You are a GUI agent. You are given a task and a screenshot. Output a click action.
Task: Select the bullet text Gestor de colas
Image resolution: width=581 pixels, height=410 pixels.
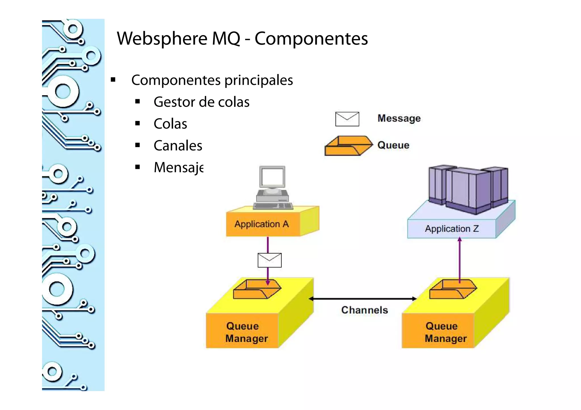tap(201, 102)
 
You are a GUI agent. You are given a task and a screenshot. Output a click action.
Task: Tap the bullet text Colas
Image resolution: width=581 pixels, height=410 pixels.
tap(170, 124)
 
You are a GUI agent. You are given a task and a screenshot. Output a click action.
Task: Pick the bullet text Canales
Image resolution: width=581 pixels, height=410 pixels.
tap(178, 146)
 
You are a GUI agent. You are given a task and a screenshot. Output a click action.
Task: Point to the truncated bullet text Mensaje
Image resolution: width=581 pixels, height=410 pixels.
tap(178, 167)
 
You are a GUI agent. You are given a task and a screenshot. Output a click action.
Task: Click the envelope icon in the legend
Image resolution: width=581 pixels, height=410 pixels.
tap(347, 119)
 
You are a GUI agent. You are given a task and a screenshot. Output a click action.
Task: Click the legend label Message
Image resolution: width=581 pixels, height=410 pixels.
tap(399, 118)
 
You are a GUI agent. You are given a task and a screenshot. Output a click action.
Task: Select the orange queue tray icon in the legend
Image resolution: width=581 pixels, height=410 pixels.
tap(348, 146)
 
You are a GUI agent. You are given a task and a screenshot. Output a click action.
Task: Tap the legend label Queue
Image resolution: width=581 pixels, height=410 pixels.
tap(393, 145)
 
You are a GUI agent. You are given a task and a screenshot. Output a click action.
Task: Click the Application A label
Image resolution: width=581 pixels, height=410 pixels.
tap(261, 224)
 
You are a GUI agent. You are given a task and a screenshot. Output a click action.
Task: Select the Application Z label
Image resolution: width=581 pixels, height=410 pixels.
tap(452, 229)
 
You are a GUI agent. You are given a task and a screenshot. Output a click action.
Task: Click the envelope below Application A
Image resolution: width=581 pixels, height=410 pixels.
tap(270, 260)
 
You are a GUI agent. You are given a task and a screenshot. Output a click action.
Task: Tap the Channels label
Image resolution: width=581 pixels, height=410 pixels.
tap(364, 310)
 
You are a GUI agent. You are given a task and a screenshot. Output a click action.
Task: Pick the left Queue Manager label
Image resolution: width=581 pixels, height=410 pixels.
tap(246, 332)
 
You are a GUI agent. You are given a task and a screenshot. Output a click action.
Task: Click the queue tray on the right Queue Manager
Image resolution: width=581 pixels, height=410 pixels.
tap(453, 289)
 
